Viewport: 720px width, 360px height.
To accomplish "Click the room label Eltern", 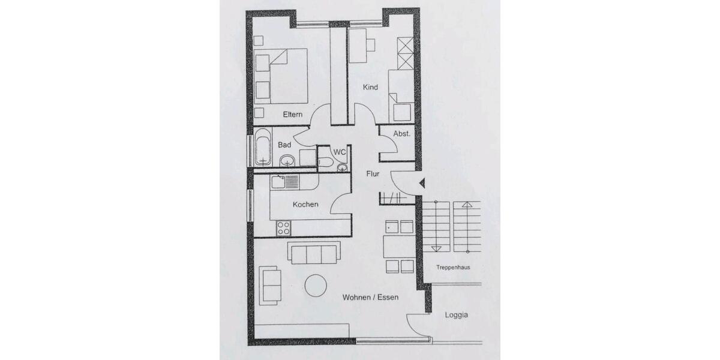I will click(x=293, y=114).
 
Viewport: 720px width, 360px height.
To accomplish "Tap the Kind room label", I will click(x=371, y=88).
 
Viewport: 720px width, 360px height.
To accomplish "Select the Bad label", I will click(x=284, y=145).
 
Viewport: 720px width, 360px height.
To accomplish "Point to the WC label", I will click(x=340, y=152).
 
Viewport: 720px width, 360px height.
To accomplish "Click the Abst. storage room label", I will click(x=401, y=134).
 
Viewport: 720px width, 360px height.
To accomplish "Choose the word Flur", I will click(x=373, y=174).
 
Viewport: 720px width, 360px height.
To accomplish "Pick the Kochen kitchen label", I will click(x=305, y=205).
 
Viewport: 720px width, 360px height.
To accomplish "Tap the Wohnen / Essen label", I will click(x=370, y=297).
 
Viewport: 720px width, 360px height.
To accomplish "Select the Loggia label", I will click(x=457, y=314).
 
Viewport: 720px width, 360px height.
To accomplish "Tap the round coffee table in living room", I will click(x=316, y=286).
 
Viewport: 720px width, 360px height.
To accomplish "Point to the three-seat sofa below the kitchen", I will click(x=314, y=253).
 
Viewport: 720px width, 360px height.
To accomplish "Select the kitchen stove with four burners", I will click(x=283, y=228).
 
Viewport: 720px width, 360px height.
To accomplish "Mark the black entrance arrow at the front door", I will click(x=422, y=183).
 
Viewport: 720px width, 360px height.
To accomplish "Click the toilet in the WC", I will click(x=326, y=161).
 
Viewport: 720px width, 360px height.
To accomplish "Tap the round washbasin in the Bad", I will click(x=287, y=160).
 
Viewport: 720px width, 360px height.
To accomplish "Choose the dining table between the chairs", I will click(x=399, y=247).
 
